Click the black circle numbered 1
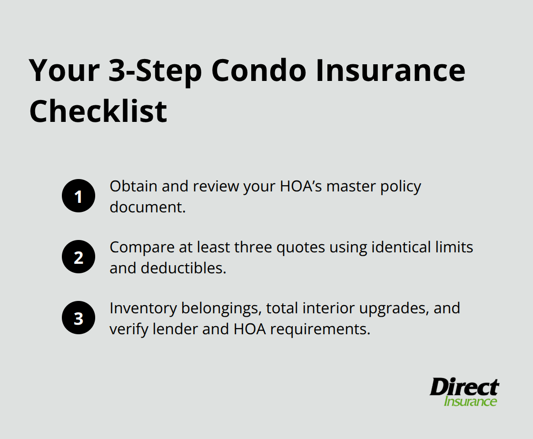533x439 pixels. [x=79, y=196]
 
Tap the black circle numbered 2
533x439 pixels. [x=79, y=257]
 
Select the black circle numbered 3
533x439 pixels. [x=79, y=318]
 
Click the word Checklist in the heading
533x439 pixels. [x=98, y=111]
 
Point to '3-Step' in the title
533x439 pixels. [x=155, y=70]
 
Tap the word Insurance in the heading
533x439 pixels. [x=389, y=70]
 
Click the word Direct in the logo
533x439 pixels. [x=464, y=388]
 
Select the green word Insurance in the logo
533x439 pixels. [x=470, y=401]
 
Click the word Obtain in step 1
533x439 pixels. [x=134, y=186]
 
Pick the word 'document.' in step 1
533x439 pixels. [x=148, y=207]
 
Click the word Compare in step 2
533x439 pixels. [x=139, y=248]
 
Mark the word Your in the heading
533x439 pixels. [x=64, y=70]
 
